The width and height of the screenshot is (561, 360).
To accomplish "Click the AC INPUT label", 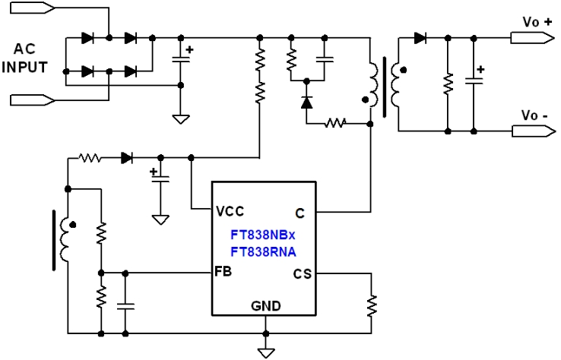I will click(24, 58).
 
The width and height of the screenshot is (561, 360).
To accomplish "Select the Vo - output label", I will click(534, 115).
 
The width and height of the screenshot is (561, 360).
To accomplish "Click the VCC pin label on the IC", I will click(230, 210).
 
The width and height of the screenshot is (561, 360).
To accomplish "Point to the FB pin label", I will click(224, 271).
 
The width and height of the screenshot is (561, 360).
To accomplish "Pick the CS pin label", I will click(301, 273).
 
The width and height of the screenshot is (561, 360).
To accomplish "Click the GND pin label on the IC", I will click(265, 306).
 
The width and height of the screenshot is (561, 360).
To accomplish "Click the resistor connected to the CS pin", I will click(372, 305).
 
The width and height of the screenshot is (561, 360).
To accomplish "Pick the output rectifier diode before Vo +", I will click(420, 37).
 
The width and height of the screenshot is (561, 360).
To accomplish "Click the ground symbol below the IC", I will click(265, 351).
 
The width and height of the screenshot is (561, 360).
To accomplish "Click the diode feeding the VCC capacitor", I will click(127, 158).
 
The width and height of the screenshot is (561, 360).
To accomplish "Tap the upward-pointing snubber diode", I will click(306, 102).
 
